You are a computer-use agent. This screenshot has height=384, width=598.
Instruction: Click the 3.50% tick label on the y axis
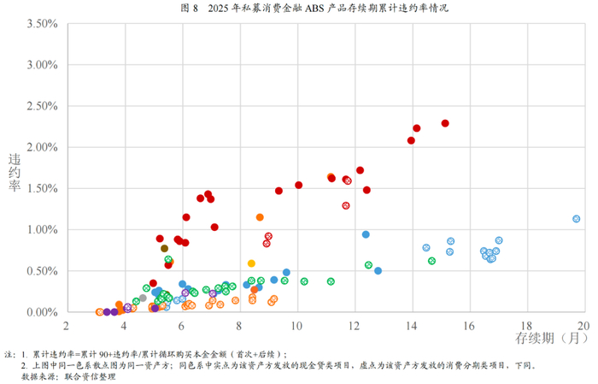coord(43,24)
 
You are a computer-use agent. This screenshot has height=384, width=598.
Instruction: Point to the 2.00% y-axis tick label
coord(43,147)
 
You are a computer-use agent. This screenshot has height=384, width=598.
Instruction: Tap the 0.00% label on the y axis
coord(43,312)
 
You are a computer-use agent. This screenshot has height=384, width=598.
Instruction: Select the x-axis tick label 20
coord(583,326)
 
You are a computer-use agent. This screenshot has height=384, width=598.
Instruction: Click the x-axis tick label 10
coord(296,326)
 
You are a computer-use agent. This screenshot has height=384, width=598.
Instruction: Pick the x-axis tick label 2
coord(67,326)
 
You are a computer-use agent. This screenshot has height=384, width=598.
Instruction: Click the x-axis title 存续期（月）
coord(552,338)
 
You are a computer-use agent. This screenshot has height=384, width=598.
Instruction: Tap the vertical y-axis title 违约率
coord(15,173)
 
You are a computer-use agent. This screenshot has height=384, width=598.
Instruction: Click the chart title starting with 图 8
coord(314,8)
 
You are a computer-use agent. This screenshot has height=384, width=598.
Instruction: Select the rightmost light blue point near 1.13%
coord(577,219)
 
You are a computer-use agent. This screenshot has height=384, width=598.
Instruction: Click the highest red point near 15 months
coord(445,123)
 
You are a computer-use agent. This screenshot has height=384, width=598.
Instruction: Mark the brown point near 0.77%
coord(164,249)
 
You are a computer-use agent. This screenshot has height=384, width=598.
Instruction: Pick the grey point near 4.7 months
coord(143,298)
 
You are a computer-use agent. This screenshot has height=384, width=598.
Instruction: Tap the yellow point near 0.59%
coord(251,263)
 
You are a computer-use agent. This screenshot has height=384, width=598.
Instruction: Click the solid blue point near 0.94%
coord(366,234)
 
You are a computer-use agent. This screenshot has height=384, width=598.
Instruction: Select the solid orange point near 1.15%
coord(260,217)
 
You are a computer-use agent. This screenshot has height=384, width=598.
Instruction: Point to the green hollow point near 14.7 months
coord(431,261)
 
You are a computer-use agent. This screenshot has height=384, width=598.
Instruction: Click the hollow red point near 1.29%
coord(346,206)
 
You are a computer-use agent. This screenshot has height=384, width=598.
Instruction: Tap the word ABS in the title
coord(314,8)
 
